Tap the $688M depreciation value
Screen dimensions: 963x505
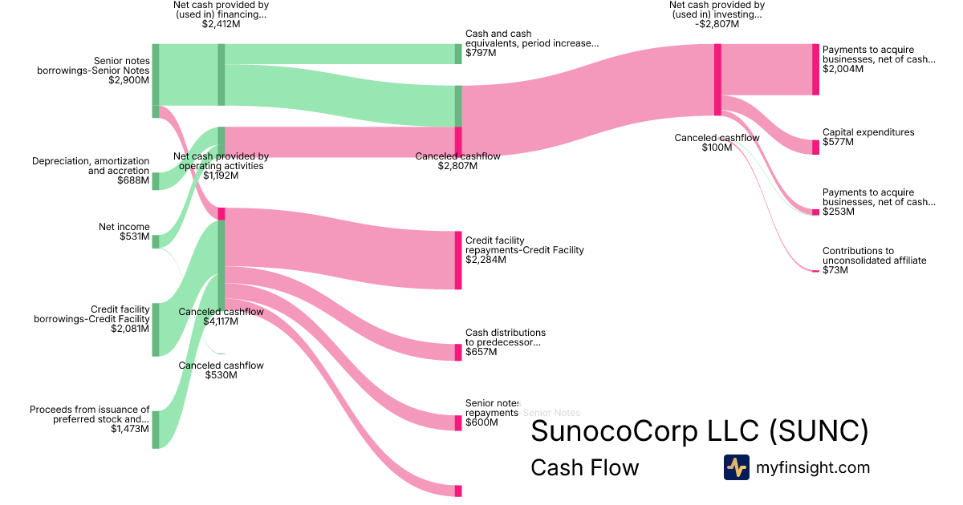pyautogui.click(x=133, y=181)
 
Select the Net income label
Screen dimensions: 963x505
pyautogui.click(x=124, y=227)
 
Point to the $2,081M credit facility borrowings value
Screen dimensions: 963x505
pyautogui.click(x=130, y=329)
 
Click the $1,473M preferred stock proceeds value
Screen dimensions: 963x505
pyautogui.click(x=130, y=429)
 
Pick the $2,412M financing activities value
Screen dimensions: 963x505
pyautogui.click(x=221, y=24)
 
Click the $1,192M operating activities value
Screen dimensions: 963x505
pyautogui.click(x=221, y=176)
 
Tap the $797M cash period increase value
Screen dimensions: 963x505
pyautogui.click(x=481, y=54)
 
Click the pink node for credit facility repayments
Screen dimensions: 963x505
pyautogui.click(x=458, y=260)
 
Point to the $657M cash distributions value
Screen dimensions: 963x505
pyautogui.click(x=481, y=352)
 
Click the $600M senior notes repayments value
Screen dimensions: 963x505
pyautogui.click(x=481, y=422)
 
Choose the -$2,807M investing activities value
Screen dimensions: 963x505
pyautogui.click(x=717, y=24)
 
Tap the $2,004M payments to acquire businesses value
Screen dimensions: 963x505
pyautogui.click(x=843, y=69)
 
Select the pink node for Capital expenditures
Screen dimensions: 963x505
pyautogui.click(x=815, y=147)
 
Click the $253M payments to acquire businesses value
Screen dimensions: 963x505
pyautogui.click(x=839, y=212)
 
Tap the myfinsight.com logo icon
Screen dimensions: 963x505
pyautogui.click(x=736, y=467)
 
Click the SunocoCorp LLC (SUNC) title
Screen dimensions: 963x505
pyautogui.click(x=700, y=431)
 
